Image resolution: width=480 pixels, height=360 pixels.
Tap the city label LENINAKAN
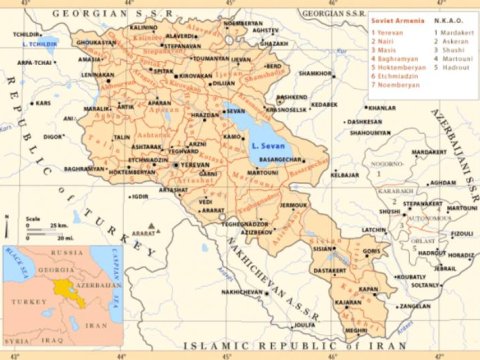(x=97, y=75)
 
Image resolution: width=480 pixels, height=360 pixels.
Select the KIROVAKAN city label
(x=196, y=75)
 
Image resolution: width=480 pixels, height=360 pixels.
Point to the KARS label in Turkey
(x=43, y=103)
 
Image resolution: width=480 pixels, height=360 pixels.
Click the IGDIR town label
(x=139, y=196)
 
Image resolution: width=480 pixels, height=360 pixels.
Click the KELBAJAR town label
(x=344, y=175)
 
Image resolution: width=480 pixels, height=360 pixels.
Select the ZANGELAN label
(x=415, y=306)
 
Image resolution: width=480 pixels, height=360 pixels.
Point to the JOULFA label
(x=304, y=324)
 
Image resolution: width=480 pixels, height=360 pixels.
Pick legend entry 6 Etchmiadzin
(x=397, y=76)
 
